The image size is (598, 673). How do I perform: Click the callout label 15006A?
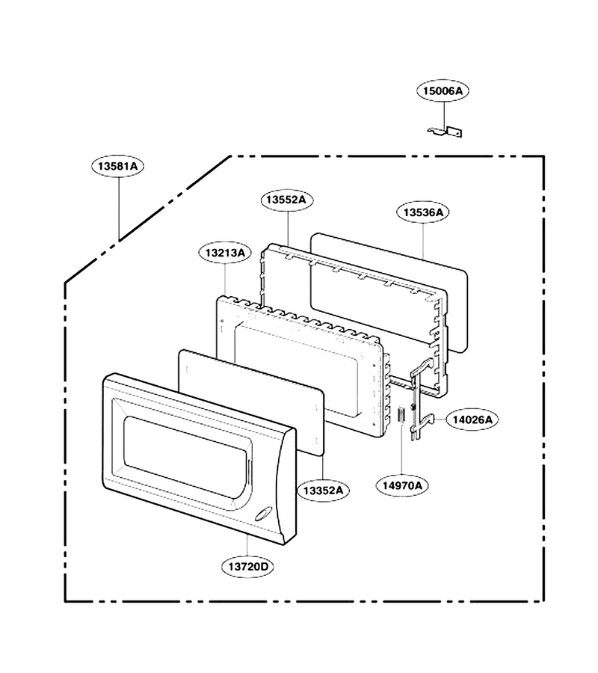coord(443,90)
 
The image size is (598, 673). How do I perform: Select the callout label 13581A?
coord(117,166)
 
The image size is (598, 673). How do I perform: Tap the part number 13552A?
coord(286,200)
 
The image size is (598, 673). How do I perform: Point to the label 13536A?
coord(422,212)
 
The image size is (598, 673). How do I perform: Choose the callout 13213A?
coord(225,253)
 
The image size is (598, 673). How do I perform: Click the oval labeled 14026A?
coord(472,420)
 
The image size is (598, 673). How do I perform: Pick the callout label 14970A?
coord(402,485)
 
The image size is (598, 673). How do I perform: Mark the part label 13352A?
coord(323,490)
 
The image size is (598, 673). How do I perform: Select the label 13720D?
coord(247,567)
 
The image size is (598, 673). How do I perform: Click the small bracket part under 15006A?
coord(446,132)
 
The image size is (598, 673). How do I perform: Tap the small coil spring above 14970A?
coord(401,414)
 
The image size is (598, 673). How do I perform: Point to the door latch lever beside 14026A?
coord(420,399)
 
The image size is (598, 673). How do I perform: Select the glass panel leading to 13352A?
coord(251,402)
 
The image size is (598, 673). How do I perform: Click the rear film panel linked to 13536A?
coord(389,292)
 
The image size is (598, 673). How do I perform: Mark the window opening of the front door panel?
coord(185,457)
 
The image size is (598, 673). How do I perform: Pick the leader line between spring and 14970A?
coord(401,449)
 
